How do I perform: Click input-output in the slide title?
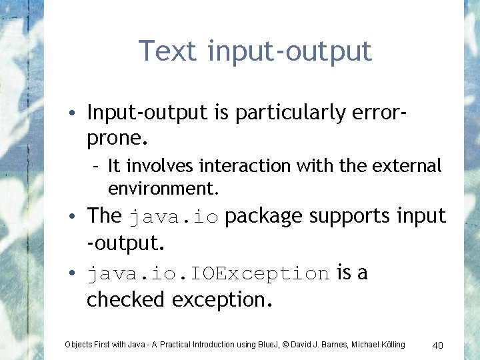pyautogui.click(x=289, y=52)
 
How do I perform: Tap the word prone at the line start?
pyautogui.click(x=114, y=139)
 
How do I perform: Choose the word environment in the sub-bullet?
pyautogui.click(x=162, y=189)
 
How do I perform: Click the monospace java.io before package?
pyautogui.click(x=173, y=217)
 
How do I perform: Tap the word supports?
pyautogui.click(x=361, y=216)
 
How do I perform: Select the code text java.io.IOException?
pyautogui.click(x=208, y=274)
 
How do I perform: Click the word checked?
pyautogui.click(x=126, y=300)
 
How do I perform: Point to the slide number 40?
pyautogui.click(x=438, y=345)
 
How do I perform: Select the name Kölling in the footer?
pyautogui.click(x=391, y=345)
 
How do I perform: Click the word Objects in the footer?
pyautogui.click(x=78, y=345)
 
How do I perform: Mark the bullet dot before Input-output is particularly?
pyautogui.click(x=78, y=113)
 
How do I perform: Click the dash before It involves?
pyautogui.click(x=97, y=165)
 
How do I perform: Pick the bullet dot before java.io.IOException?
pyautogui.click(x=78, y=273)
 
